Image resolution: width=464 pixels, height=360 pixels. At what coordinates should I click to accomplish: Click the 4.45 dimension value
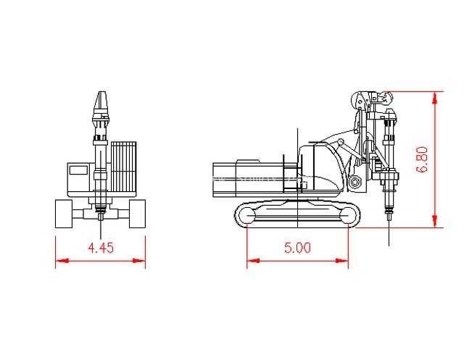coord(101,248)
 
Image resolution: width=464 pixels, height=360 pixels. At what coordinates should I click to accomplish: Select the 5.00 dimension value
coord(298,248)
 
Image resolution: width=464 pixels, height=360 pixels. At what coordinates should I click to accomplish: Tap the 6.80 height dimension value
coord(422,159)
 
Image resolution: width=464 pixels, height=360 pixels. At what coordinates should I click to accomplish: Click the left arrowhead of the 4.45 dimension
coord(62,261)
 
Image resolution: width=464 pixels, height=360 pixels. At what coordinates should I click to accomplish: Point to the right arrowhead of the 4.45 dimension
coord(138,261)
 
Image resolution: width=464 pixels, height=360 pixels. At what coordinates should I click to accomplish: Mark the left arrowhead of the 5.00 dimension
coord(253,261)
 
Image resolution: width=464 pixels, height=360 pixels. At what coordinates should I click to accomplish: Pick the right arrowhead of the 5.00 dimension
coord(341,261)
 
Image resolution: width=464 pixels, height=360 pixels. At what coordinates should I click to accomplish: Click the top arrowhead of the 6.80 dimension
coord(434,98)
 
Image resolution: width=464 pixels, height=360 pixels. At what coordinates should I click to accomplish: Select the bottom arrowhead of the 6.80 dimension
coord(434,221)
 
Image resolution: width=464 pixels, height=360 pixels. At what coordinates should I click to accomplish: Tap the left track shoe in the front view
coord(64,214)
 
